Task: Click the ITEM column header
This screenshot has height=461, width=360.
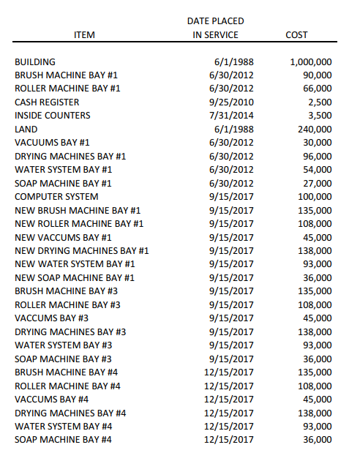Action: point(84,34)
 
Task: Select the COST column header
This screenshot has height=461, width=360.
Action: point(297,34)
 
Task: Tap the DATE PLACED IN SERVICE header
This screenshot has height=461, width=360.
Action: point(215,28)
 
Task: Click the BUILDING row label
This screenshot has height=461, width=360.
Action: point(35,62)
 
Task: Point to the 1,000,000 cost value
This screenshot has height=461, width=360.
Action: point(310,62)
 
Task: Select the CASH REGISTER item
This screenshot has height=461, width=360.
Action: point(47,102)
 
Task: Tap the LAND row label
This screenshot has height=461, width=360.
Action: point(26,130)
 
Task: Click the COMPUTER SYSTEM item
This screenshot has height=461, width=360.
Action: point(56,197)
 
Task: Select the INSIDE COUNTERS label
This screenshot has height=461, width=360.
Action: point(53,116)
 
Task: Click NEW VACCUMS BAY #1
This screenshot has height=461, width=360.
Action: point(63,237)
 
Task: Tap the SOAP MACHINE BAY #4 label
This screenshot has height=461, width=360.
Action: point(63,439)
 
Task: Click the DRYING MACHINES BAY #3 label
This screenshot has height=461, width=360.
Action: point(70,331)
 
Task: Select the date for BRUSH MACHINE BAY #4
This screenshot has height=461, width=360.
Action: point(229,372)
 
